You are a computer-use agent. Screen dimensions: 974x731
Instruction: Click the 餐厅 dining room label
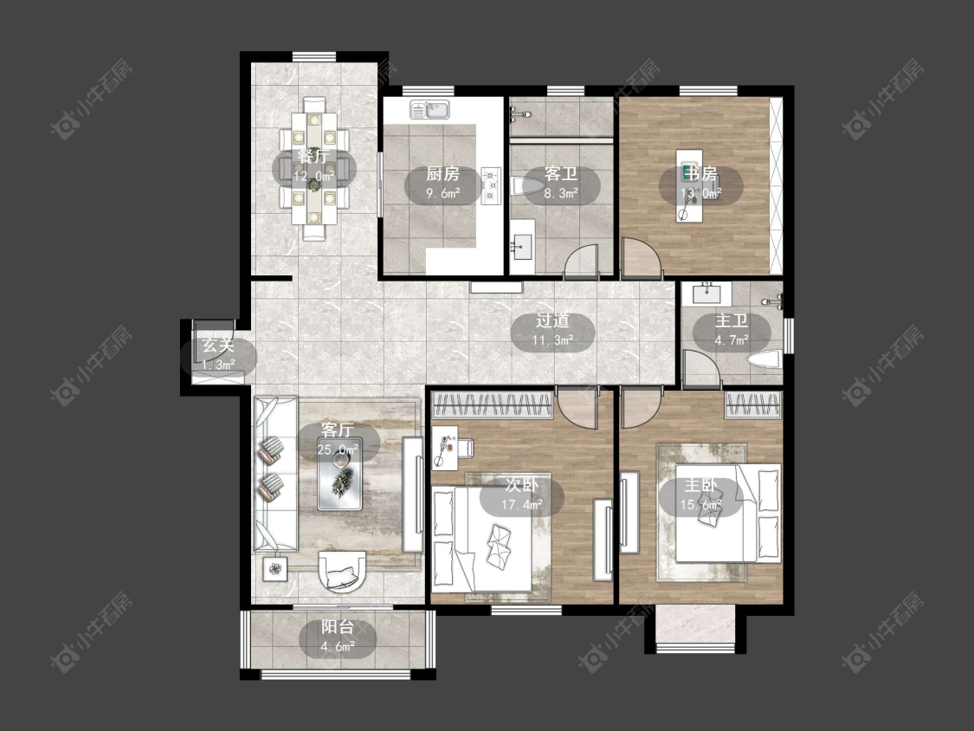click(x=313, y=156)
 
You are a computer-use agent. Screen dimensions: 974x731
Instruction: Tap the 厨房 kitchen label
click(x=443, y=174)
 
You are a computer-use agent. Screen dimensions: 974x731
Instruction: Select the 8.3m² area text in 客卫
click(x=561, y=192)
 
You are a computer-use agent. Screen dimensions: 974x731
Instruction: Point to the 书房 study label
click(x=701, y=174)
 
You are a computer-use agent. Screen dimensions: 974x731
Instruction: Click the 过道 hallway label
click(x=552, y=320)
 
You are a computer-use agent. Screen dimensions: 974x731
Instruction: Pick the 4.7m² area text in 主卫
click(x=731, y=340)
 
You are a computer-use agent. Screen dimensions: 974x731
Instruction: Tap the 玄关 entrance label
click(x=219, y=346)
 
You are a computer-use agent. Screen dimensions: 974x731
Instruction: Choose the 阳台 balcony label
click(x=338, y=627)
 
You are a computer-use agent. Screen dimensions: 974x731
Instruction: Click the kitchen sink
click(x=429, y=110)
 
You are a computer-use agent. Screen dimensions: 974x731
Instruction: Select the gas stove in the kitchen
click(x=492, y=186)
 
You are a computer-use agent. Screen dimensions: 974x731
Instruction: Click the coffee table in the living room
click(x=339, y=479)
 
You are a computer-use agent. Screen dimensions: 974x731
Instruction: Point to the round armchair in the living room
click(x=341, y=570)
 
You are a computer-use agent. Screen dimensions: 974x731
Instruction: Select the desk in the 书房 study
click(x=692, y=184)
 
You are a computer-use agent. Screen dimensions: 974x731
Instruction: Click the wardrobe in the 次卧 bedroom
click(x=492, y=406)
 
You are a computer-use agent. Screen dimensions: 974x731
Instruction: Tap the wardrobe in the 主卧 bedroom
click(x=752, y=405)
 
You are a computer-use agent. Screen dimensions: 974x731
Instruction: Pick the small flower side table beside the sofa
click(x=275, y=567)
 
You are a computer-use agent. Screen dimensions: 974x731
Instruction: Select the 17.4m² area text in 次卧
click(x=522, y=505)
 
